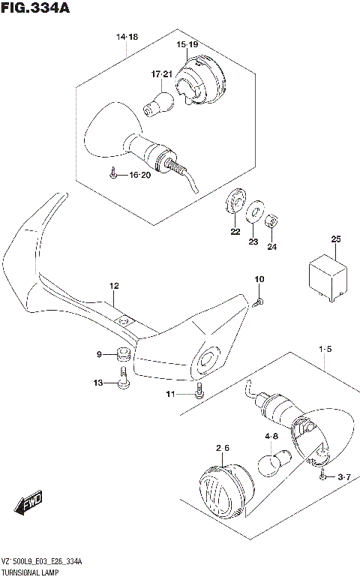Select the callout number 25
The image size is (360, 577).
(335, 239)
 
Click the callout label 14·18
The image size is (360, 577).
(127, 37)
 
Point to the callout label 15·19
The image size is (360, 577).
(187, 45)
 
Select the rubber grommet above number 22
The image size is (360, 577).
(235, 200)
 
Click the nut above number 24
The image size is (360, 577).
(273, 221)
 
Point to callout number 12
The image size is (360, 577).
(114, 286)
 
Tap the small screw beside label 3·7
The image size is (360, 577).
(322, 476)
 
